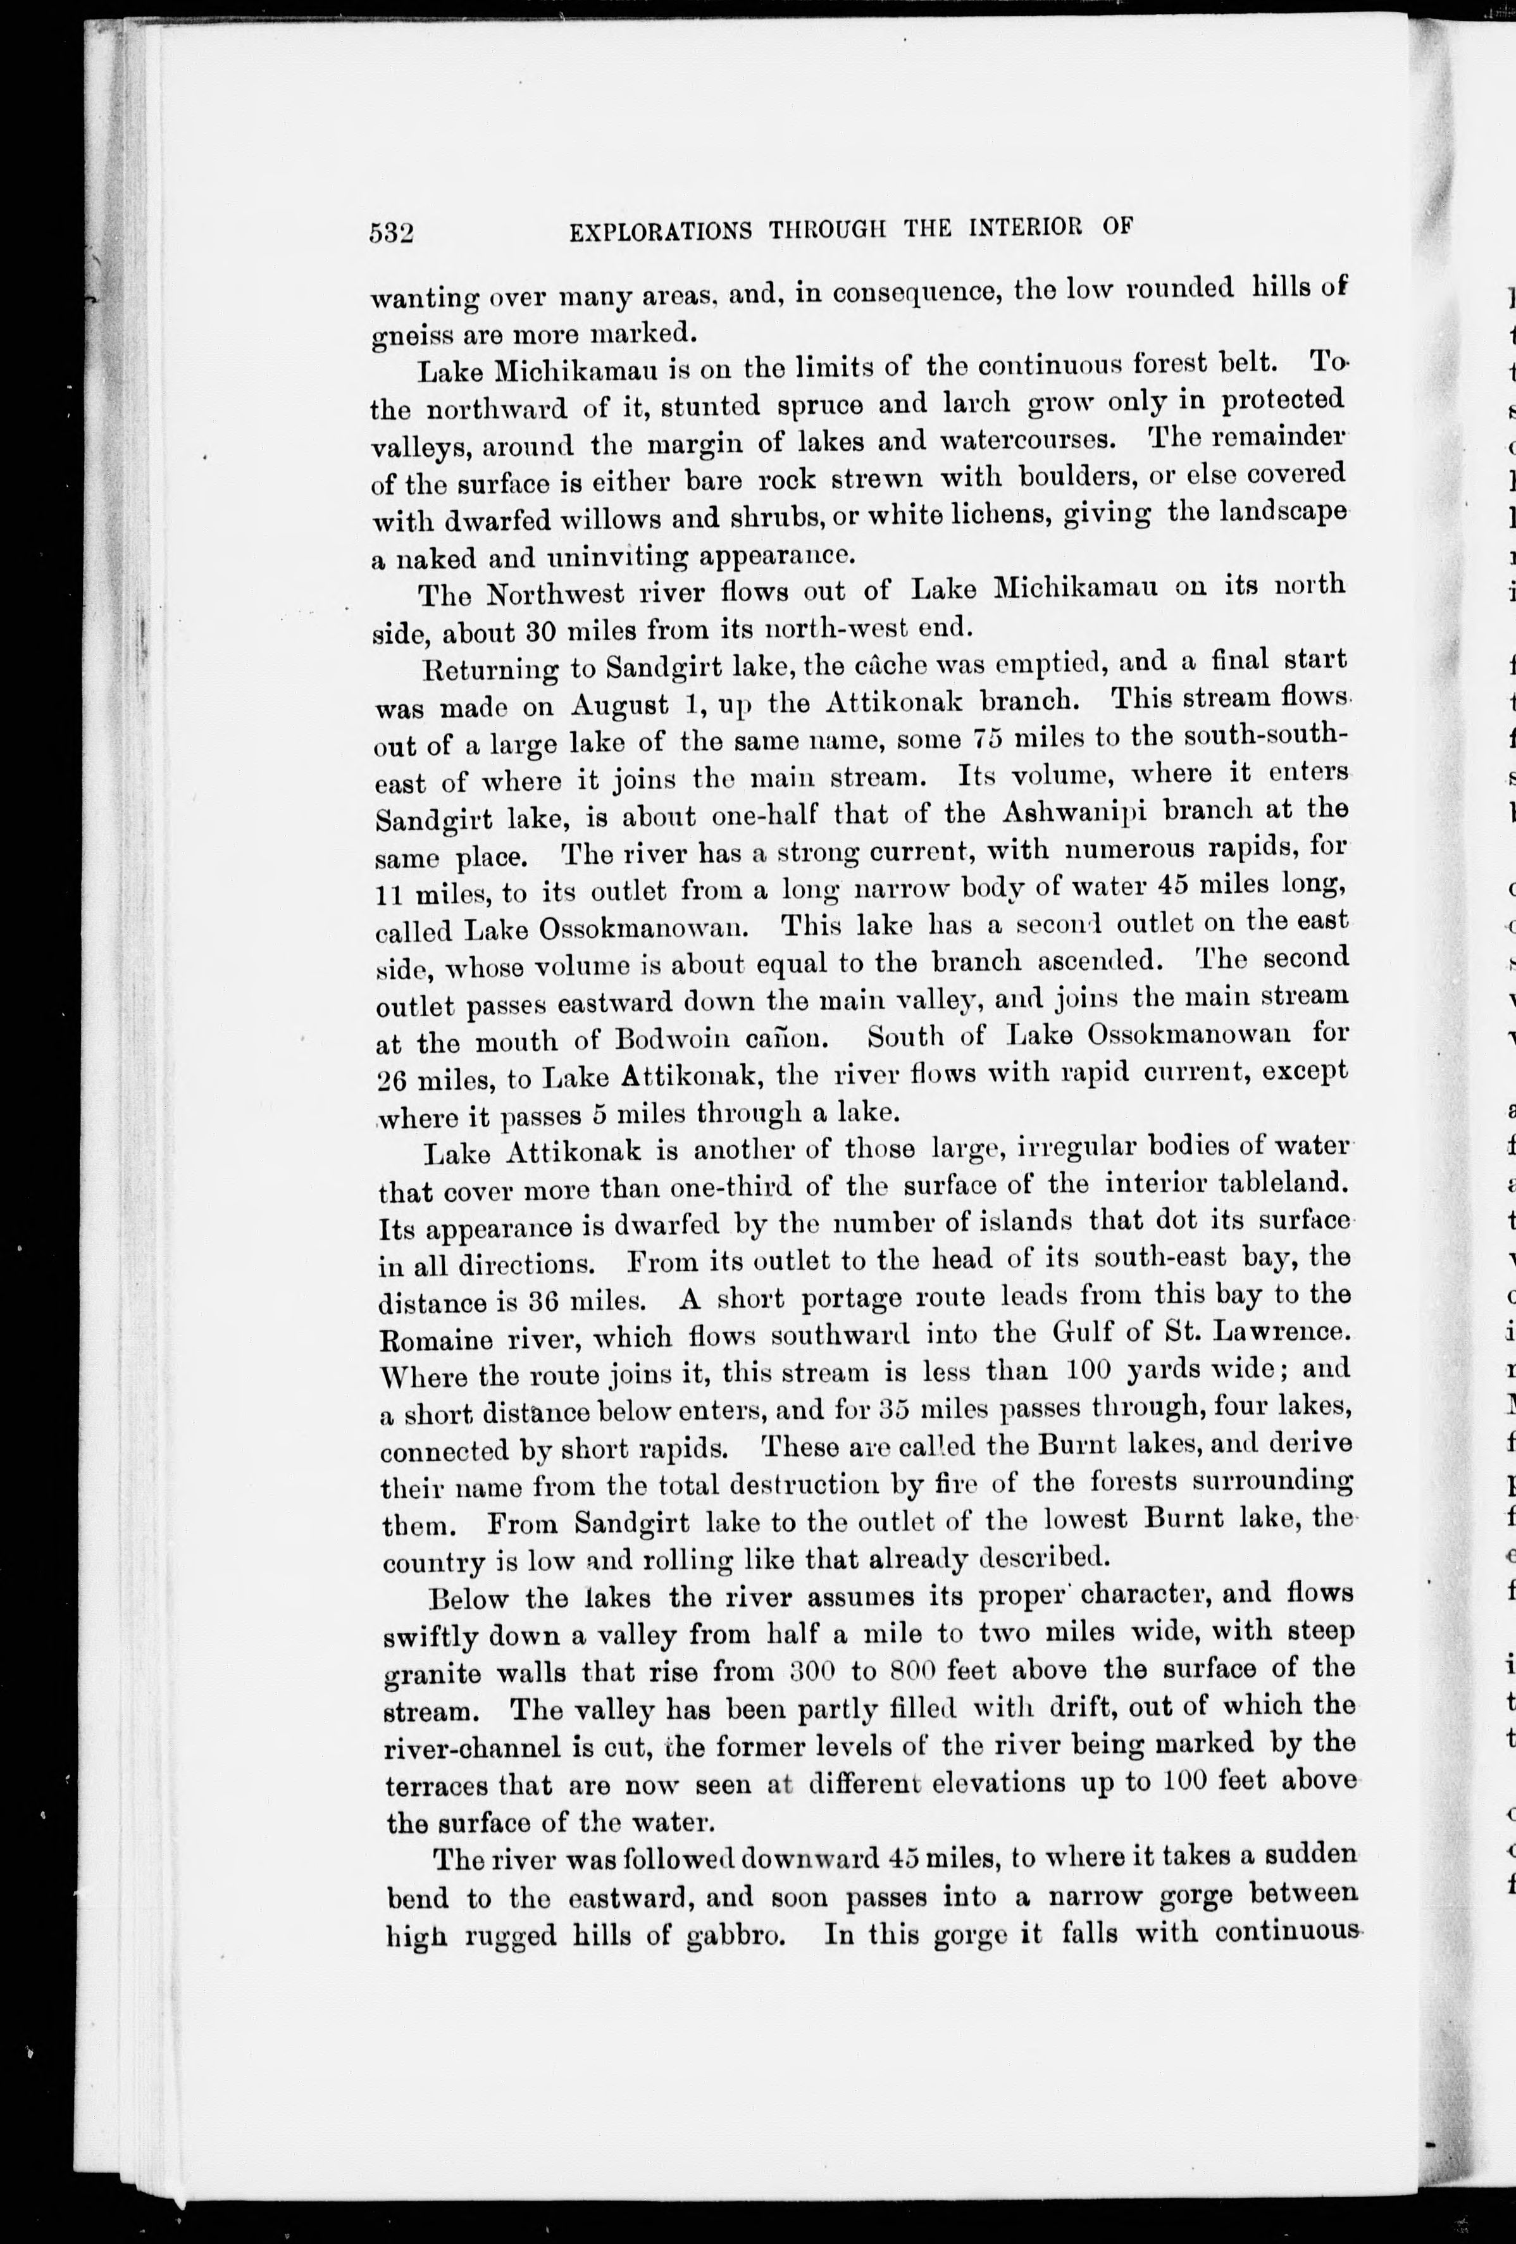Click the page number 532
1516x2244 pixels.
tap(391, 234)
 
